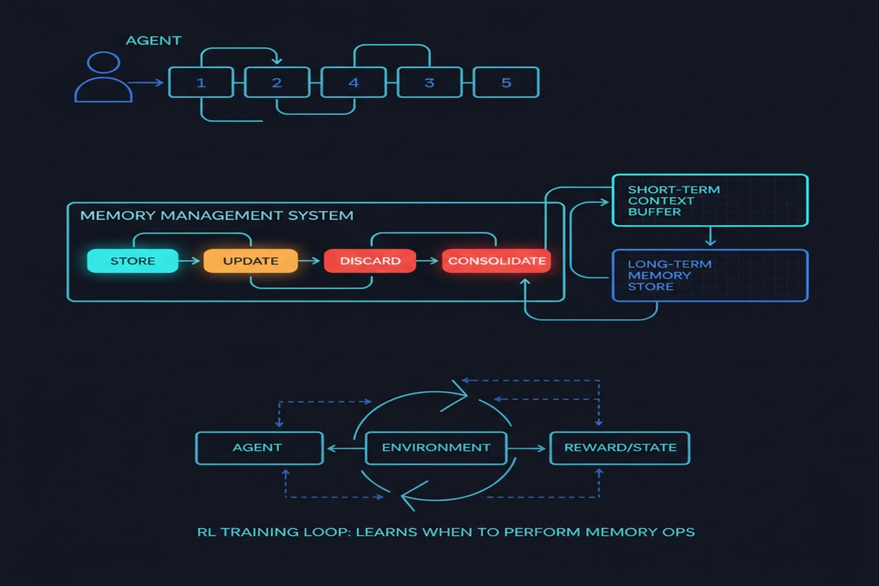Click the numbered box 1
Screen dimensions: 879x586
click(201, 83)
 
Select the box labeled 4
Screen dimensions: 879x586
click(354, 83)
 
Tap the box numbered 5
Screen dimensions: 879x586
click(506, 83)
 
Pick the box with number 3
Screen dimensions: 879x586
click(430, 83)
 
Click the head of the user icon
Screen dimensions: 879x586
click(103, 62)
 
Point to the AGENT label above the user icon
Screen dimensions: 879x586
click(153, 40)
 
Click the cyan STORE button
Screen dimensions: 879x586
click(133, 261)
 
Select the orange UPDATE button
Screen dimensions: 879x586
click(251, 261)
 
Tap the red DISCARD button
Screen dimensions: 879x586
click(370, 261)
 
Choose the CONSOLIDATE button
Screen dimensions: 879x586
click(497, 261)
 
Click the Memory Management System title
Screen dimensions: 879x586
click(217, 215)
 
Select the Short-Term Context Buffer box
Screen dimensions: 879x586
click(710, 200)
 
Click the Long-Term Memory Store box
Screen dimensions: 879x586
click(710, 275)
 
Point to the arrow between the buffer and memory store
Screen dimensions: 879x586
click(711, 237)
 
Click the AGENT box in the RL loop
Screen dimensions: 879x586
click(259, 448)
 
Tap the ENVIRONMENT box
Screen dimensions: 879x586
click(436, 448)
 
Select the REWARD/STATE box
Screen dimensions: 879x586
click(620, 448)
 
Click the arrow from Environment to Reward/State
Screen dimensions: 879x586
click(527, 448)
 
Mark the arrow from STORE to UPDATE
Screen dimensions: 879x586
click(189, 261)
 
